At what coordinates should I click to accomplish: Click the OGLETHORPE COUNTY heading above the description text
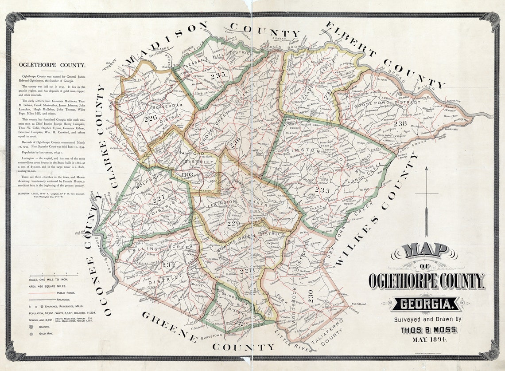[x=52, y=65]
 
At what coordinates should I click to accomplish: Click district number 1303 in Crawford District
[x=186, y=174]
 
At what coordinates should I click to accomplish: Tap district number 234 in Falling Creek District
[x=168, y=264]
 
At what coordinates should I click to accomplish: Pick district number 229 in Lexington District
[x=233, y=224]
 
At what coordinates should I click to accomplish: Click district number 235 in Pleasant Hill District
[x=218, y=75]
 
